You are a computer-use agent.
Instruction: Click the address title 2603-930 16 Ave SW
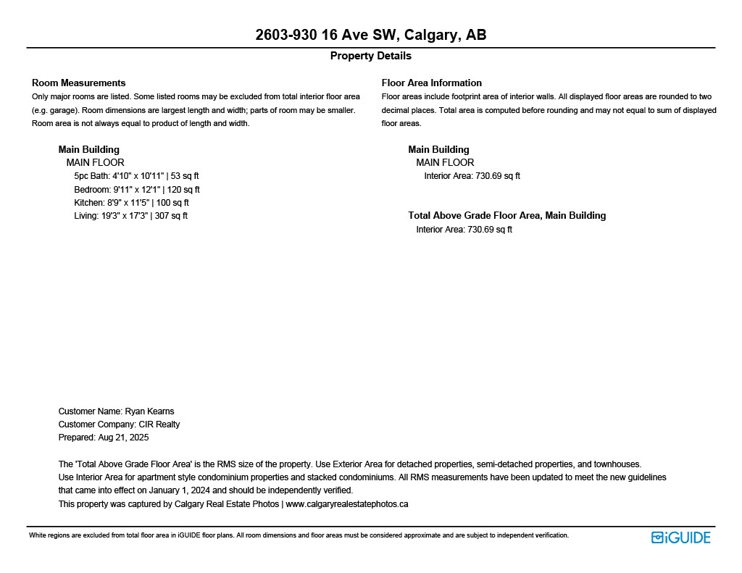pyautogui.click(x=370, y=35)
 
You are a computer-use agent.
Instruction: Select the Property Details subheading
pyautogui.click(x=370, y=56)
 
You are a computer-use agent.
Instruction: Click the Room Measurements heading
pyautogui.click(x=78, y=83)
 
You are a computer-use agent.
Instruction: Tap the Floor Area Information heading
pyautogui.click(x=431, y=83)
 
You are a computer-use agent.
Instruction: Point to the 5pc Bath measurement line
pyautogui.click(x=136, y=176)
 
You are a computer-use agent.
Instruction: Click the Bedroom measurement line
pyautogui.click(x=136, y=190)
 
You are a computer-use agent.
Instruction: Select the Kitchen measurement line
pyautogui.click(x=131, y=203)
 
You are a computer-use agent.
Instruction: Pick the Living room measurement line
pyautogui.click(x=130, y=216)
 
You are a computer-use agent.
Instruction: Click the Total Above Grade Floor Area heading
pyautogui.click(x=507, y=215)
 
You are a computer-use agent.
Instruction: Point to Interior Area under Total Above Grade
pyautogui.click(x=464, y=230)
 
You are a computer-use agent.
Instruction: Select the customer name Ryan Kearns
pyautogui.click(x=149, y=411)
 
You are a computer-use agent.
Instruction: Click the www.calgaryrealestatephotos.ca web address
pyautogui.click(x=347, y=504)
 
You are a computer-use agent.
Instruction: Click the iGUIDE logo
pyautogui.click(x=680, y=538)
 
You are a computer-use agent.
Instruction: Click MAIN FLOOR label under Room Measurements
pyautogui.click(x=95, y=163)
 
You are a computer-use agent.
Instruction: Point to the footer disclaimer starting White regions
pyautogui.click(x=299, y=535)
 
